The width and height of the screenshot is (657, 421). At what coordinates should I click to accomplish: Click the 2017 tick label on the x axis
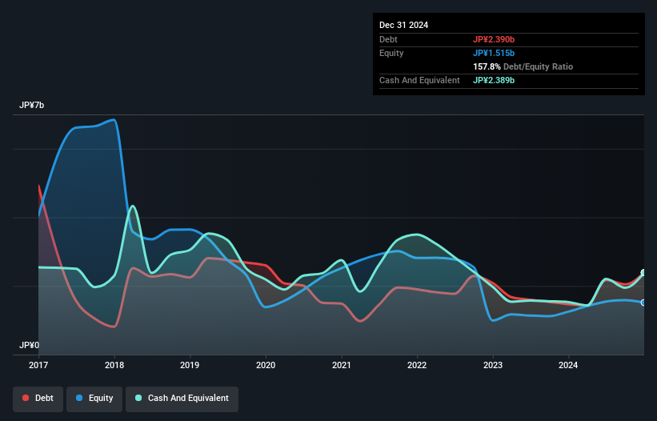coord(38,366)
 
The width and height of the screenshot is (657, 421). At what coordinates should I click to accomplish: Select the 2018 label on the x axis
coord(114,366)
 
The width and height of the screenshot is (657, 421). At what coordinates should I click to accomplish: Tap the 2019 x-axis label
coord(190,366)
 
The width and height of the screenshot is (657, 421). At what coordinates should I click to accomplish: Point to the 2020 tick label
coord(266,366)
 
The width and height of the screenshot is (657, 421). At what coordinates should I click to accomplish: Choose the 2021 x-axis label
coord(342,366)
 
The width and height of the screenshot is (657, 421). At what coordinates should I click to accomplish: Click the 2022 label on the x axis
coord(418,366)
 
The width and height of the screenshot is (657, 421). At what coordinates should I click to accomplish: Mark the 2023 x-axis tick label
coord(493,366)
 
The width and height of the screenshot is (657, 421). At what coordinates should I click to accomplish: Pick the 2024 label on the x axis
coord(569,366)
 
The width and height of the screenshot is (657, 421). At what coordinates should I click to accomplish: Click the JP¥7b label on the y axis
coord(33,106)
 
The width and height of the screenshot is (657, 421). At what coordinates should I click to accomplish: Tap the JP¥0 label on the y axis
coord(30,345)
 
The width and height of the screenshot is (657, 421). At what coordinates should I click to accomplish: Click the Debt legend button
coord(38,398)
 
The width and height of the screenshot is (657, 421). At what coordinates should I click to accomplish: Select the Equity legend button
coord(95,398)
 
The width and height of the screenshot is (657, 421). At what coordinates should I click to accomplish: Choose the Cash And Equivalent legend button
coord(182,398)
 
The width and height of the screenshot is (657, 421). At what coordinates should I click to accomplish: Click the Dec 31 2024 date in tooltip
coord(404,25)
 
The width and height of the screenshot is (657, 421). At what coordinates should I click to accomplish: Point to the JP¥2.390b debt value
coord(494,39)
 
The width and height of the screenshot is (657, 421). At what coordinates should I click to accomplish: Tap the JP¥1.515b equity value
coord(494,53)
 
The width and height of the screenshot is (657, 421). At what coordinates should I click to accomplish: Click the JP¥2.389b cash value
coord(494,80)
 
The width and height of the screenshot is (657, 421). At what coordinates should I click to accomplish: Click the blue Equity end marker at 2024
coord(643,303)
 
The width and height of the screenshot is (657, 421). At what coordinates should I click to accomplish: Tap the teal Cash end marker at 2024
coord(643,273)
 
